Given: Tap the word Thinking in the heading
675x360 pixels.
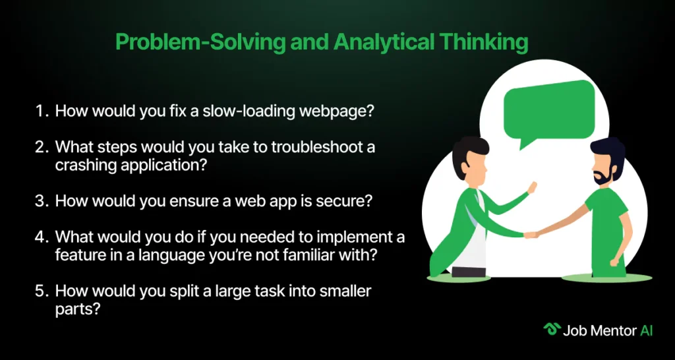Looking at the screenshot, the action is click(479, 44).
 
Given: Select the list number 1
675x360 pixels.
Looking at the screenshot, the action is click(42, 111).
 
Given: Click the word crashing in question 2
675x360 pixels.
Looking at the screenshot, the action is click(83, 165).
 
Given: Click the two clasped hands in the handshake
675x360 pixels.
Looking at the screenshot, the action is click(531, 235).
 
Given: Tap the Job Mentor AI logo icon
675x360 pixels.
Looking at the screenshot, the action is click(552, 330).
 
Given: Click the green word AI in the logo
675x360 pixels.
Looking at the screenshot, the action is click(646, 330).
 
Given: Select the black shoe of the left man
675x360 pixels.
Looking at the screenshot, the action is click(468, 272).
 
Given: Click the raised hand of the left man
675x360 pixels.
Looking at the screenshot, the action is click(532, 188).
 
